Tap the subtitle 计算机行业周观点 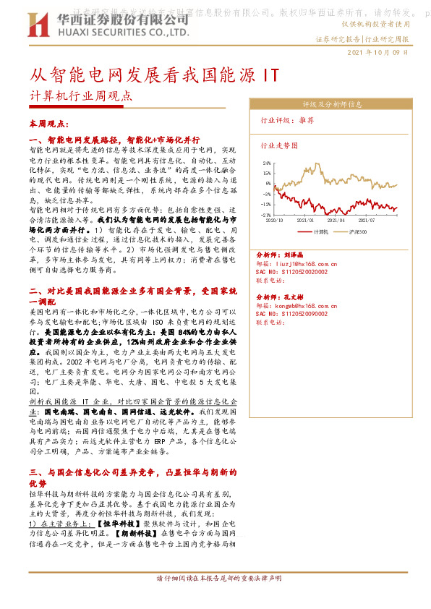[x=81, y=95]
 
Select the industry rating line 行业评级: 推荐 [x=287, y=121]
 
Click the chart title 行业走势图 [x=278, y=145]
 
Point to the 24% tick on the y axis [x=266, y=163]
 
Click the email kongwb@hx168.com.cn [x=300, y=304]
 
